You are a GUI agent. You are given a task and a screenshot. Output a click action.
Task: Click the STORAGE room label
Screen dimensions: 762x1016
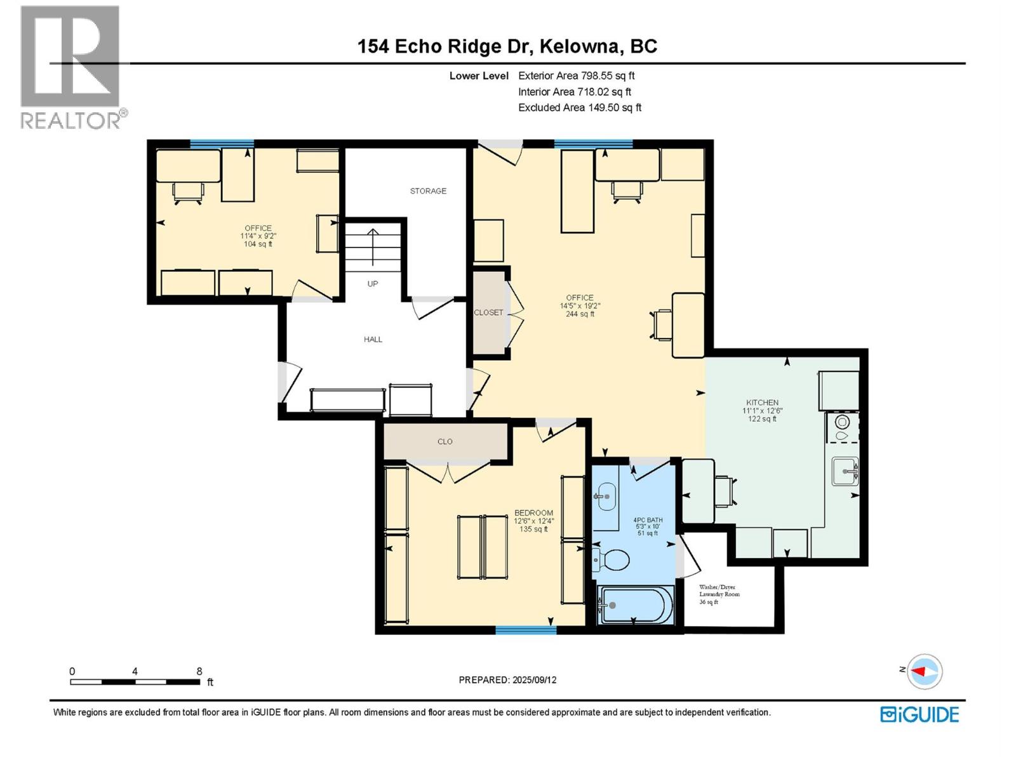click(x=428, y=190)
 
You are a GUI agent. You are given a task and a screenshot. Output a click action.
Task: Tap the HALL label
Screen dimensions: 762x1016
click(x=373, y=339)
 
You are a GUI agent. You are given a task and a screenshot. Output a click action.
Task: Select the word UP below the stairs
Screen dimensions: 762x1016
click(x=373, y=284)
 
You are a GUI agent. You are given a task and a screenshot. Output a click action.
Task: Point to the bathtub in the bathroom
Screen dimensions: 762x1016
click(x=635, y=605)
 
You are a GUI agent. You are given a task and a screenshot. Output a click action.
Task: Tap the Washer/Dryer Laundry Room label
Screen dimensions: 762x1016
click(x=719, y=594)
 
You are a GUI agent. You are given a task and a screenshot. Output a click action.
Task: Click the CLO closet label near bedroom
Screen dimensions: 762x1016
click(x=444, y=441)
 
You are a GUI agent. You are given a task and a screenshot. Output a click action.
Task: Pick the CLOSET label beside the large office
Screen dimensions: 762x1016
click(x=488, y=312)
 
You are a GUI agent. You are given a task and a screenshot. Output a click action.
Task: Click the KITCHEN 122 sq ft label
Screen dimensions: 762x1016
click(x=762, y=410)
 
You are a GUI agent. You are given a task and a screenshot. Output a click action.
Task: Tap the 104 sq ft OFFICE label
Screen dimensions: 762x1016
click(x=258, y=236)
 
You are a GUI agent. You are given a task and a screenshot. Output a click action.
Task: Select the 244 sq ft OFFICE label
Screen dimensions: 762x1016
click(x=580, y=305)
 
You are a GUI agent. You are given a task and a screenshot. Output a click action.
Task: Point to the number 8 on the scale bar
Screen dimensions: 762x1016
click(x=199, y=671)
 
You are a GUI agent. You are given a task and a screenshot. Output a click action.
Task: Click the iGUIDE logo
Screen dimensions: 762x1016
click(x=919, y=714)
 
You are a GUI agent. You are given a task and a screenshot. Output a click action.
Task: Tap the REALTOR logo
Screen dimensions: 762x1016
click(x=71, y=67)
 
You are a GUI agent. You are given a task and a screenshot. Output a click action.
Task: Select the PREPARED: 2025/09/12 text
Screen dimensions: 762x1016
click(x=507, y=679)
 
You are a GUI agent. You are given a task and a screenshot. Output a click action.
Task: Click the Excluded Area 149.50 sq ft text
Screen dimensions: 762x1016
click(x=579, y=107)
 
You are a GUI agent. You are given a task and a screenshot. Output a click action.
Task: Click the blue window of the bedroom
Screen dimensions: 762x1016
click(x=526, y=630)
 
